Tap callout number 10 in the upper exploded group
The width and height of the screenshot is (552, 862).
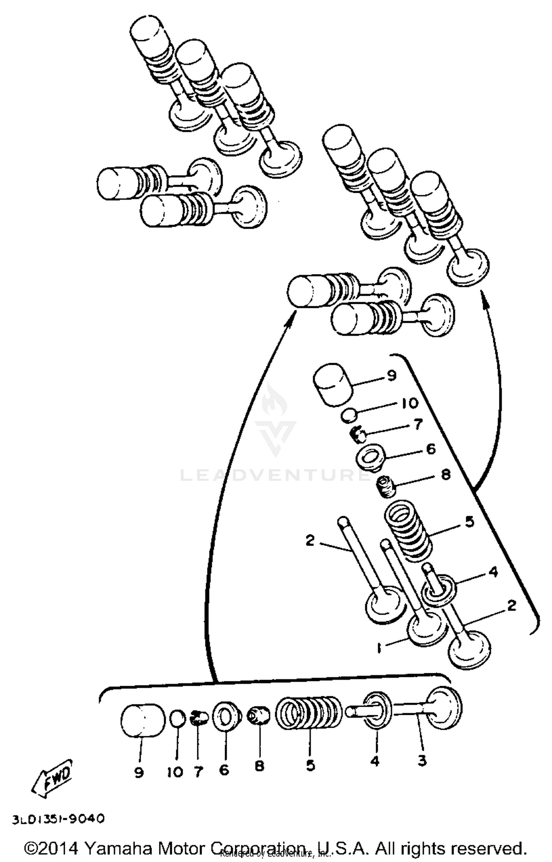tap(409, 403)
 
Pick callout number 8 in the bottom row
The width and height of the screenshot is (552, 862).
tap(259, 766)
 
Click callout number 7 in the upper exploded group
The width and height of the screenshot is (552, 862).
tap(418, 425)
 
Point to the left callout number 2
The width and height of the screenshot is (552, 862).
tap(310, 540)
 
